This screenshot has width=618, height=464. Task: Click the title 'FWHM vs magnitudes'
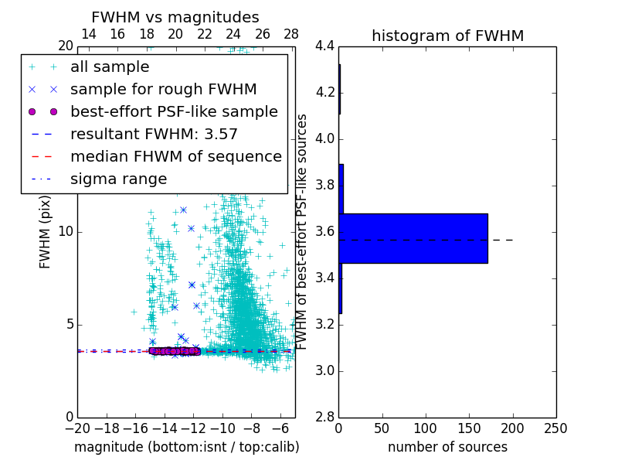(175, 18)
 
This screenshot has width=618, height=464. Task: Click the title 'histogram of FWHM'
(447, 36)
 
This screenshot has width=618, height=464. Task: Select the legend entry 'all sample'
(110, 67)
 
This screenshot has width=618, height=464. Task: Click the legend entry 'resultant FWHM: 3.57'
(154, 134)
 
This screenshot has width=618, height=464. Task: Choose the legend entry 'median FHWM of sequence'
(175, 156)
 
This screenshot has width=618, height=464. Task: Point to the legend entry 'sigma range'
(118, 179)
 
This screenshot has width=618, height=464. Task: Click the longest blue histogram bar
(413, 238)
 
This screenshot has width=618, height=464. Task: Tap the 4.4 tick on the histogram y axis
(324, 46)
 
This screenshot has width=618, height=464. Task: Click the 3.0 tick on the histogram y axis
(324, 370)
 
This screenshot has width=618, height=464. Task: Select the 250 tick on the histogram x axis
(555, 428)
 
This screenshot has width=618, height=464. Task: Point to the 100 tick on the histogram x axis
(426, 428)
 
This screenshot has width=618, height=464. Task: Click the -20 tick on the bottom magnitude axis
(77, 428)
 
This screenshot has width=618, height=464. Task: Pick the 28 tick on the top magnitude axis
(291, 34)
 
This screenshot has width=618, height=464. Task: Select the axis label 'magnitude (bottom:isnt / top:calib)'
(186, 447)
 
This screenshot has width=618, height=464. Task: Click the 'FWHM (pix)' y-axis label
(46, 232)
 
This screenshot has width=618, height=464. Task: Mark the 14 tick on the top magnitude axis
(89, 34)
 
